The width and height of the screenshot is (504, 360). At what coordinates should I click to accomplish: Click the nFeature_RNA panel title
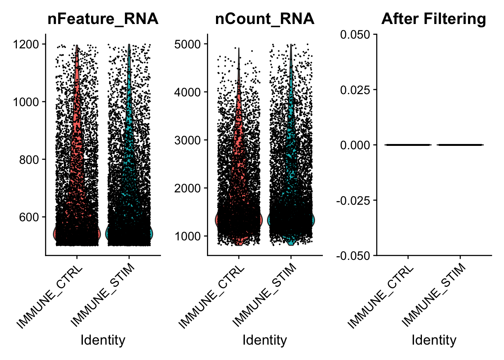click(x=103, y=19)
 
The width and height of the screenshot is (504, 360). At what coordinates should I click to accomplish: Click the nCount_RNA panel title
click(x=264, y=19)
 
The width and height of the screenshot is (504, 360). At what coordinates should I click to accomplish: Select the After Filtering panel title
click(x=433, y=19)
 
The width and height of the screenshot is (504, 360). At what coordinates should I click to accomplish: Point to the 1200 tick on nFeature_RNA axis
click(x=26, y=44)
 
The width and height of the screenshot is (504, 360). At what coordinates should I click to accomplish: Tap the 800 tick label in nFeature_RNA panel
click(x=29, y=160)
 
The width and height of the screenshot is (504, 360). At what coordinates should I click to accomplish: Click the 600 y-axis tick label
click(x=29, y=217)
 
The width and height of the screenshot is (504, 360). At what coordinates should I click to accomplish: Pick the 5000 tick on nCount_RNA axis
click(x=187, y=44)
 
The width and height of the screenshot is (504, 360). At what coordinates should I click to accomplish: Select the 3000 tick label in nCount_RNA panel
click(x=187, y=140)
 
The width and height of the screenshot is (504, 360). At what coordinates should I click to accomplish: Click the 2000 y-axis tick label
click(x=187, y=188)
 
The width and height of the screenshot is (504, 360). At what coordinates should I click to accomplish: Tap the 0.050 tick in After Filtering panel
click(x=355, y=34)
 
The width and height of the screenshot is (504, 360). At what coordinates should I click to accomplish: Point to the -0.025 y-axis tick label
click(x=353, y=201)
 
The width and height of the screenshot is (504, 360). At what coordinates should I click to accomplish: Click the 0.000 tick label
click(x=355, y=145)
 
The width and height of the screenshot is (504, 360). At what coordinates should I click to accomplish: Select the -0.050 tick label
click(x=353, y=256)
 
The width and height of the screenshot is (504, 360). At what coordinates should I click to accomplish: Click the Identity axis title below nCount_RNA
click(x=264, y=340)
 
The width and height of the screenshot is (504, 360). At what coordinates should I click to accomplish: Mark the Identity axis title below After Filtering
click(x=434, y=340)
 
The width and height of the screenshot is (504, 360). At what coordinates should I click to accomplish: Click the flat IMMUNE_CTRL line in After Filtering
click(x=408, y=145)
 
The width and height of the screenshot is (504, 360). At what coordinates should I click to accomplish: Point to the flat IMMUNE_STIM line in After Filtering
click(x=460, y=145)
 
